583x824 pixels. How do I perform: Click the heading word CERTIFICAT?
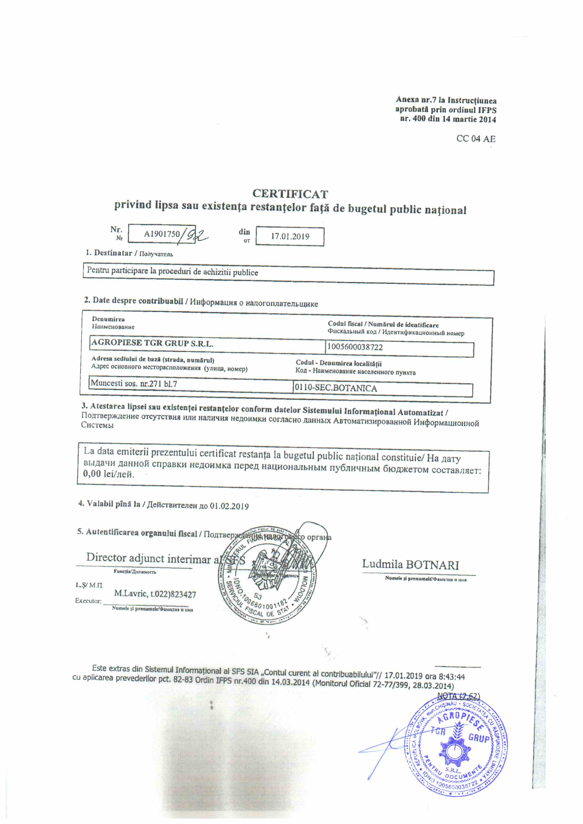tap(290, 194)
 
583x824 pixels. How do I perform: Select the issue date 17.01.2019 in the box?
tap(290, 236)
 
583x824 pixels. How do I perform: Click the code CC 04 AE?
tap(476, 139)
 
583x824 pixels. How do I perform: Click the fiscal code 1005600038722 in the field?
tap(355, 347)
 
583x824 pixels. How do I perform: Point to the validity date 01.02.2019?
tap(229, 506)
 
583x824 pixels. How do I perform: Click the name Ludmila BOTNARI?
tap(410, 565)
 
